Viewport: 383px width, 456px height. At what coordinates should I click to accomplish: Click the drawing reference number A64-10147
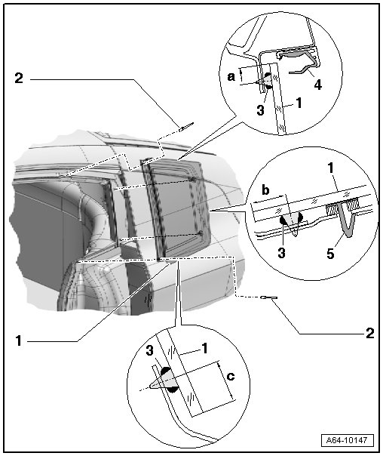[348, 439]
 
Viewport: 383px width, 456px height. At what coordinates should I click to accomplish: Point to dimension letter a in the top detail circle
[231, 77]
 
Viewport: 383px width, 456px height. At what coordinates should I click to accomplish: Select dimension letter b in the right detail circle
[265, 190]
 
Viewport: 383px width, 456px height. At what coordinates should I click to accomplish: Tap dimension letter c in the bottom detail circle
[230, 376]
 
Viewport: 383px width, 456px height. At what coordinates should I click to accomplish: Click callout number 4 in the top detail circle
[318, 85]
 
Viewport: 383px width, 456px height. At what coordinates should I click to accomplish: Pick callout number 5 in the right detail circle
[330, 254]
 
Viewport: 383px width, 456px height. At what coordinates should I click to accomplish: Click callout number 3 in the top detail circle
[260, 110]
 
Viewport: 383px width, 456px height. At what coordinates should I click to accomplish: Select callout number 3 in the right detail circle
[281, 253]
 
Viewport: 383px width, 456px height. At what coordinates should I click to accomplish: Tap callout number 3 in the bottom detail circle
[149, 350]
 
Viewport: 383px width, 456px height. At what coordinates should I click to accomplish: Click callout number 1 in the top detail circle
[299, 103]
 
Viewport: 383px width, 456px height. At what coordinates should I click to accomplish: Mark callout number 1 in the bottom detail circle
[205, 348]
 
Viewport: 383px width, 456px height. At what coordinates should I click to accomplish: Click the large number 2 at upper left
[19, 78]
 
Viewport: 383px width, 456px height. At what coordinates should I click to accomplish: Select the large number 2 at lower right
[369, 333]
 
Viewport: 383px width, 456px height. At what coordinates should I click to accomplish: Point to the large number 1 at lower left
[19, 340]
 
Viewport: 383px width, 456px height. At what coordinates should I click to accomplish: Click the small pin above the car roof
[186, 127]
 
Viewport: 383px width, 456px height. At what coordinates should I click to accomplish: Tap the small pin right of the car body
[269, 297]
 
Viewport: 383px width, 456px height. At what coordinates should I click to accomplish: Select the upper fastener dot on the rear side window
[192, 179]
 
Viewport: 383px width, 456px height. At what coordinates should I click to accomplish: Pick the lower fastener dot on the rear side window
[201, 233]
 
